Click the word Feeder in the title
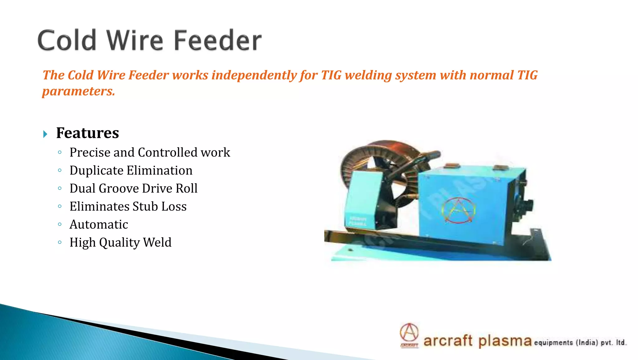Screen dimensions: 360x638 pos(217,41)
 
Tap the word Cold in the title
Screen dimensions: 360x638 pos(67,41)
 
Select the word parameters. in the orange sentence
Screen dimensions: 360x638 pos(79,91)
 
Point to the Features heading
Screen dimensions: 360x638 pos(88,133)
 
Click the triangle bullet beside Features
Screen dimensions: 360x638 pos(45,134)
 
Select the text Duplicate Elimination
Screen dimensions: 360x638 pos(131,170)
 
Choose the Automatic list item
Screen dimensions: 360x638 pos(99,224)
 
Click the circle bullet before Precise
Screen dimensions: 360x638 pos(60,152)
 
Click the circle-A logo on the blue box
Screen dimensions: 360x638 pos(458,210)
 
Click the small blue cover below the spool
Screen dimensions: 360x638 pos(363,199)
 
